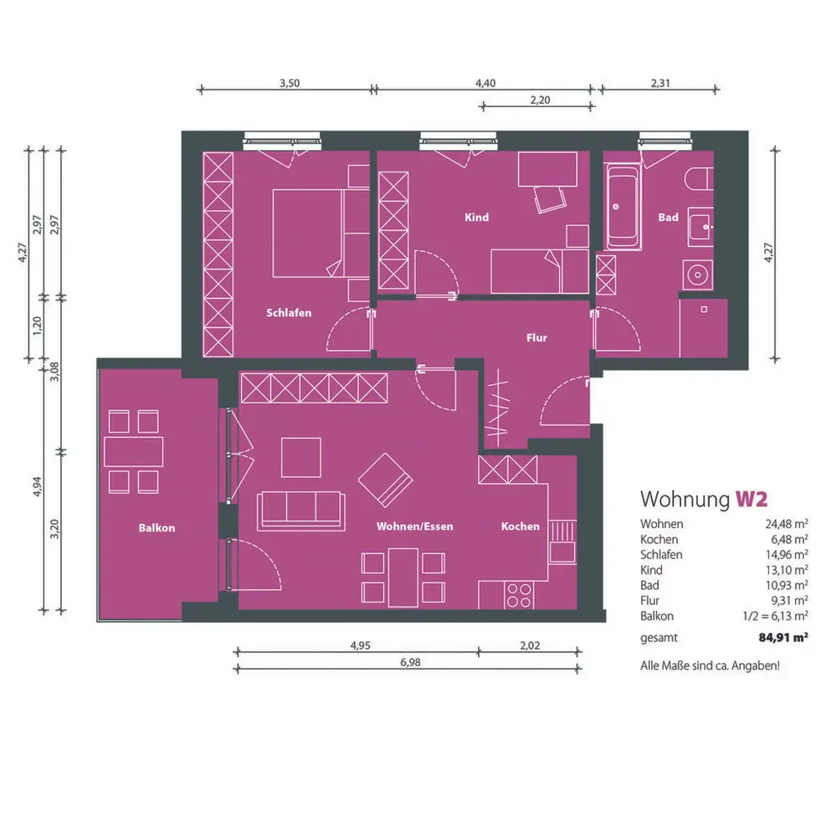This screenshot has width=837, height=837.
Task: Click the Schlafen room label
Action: pos(289,313)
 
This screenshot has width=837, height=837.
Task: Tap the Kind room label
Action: pos(477,218)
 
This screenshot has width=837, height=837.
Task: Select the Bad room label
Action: pos(668,218)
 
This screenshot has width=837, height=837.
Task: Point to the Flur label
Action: pos(537,337)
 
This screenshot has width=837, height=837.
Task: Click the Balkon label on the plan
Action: pos(157,528)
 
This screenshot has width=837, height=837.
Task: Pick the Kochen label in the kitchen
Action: pos(521,526)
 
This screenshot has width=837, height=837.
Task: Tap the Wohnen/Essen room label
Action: pos(415,526)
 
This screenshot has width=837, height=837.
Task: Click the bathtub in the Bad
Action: pos(623,206)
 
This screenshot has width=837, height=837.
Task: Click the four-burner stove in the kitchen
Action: pos(519,596)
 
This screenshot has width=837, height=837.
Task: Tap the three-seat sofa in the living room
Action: pos(300,511)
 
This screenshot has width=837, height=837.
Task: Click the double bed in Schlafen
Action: pos(307,234)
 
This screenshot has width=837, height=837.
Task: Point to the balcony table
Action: pos(133,452)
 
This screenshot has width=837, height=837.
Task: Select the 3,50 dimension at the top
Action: pos(290,83)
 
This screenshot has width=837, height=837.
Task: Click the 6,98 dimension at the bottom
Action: pos(410,662)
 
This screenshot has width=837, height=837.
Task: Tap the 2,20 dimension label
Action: pos(540,100)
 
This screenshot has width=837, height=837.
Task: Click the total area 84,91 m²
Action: pos(783,637)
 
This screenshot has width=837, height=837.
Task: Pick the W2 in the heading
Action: pos(752,499)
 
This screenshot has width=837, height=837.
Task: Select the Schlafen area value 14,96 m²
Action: pos(786,555)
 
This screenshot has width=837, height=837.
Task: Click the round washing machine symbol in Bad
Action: pos(697,275)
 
